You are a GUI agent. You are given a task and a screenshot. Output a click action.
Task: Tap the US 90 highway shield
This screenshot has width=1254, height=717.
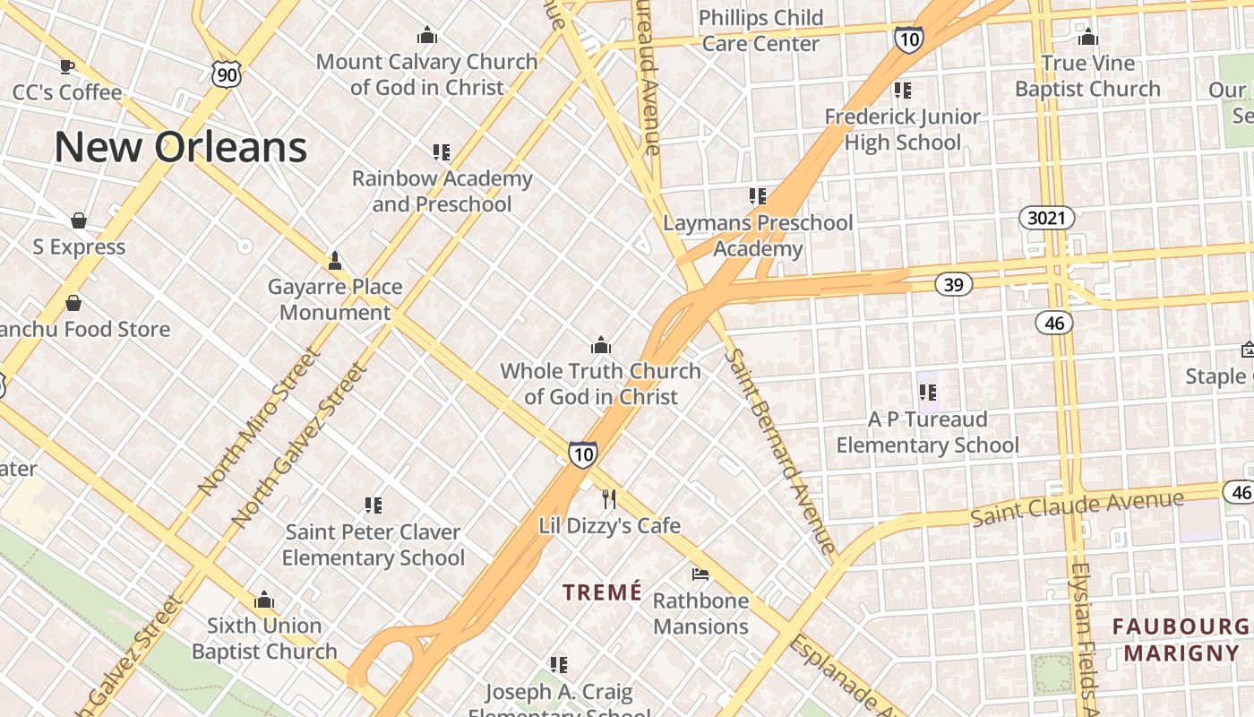(x=227, y=74)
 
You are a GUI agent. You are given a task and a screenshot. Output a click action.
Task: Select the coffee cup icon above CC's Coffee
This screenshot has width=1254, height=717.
(x=66, y=65)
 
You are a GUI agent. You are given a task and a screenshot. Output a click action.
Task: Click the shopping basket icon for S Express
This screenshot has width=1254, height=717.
(x=79, y=220)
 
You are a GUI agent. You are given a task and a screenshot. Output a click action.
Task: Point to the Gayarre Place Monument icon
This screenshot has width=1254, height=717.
(x=335, y=261)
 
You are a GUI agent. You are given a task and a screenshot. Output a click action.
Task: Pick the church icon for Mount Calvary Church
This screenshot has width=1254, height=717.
(x=427, y=36)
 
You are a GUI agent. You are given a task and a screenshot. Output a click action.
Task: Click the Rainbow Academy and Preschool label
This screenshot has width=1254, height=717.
(x=442, y=191)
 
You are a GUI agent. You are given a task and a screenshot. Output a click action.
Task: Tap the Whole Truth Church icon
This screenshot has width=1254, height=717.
(x=600, y=345)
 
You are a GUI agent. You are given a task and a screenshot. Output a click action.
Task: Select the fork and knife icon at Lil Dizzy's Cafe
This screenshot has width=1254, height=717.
(x=609, y=498)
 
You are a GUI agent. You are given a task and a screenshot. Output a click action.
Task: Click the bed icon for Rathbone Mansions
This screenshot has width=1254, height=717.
(x=700, y=574)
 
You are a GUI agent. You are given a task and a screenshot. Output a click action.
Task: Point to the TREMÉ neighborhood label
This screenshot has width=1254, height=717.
(x=602, y=592)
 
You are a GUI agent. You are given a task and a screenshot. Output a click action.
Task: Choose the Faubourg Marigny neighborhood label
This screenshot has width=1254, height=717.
(x=1181, y=639)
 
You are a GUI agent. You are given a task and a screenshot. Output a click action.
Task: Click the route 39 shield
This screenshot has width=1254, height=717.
(x=953, y=285)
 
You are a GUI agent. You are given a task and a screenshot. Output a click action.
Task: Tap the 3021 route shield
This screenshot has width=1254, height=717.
(x=1046, y=218)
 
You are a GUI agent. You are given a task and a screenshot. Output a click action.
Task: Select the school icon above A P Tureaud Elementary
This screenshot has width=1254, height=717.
(x=927, y=392)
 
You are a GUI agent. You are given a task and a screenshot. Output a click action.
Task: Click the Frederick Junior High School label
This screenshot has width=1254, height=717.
(x=902, y=129)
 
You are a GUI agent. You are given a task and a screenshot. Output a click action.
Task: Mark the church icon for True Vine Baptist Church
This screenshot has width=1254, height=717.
(x=1087, y=37)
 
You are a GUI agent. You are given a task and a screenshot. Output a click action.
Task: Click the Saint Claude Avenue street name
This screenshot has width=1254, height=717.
(x=1077, y=507)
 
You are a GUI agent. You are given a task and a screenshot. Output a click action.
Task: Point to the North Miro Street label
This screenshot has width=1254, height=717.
(x=259, y=422)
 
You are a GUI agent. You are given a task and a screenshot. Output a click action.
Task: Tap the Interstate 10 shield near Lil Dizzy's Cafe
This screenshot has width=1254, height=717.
(x=582, y=454)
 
